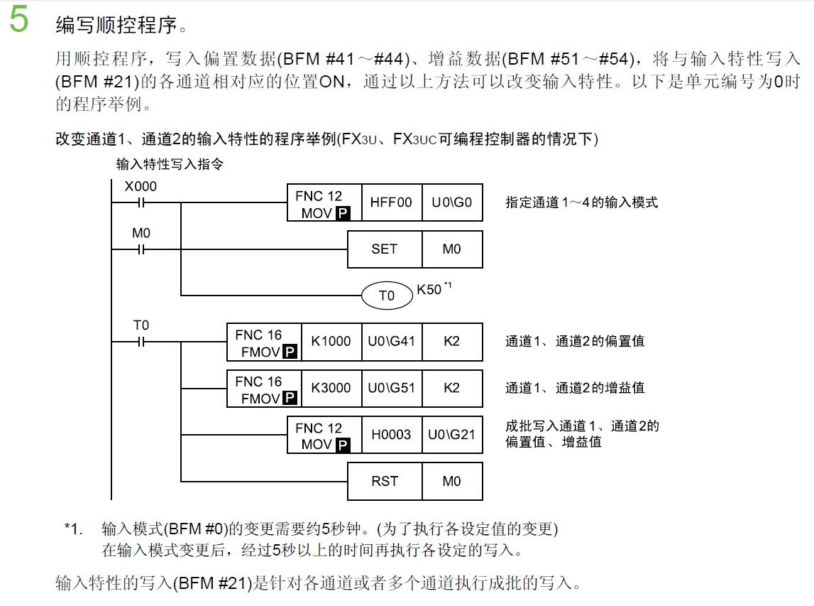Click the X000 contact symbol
pyautogui.click(x=141, y=203)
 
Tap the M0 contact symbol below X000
pyautogui.click(x=141, y=249)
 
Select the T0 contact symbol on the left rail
pyautogui.click(x=141, y=342)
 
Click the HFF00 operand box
pyautogui.click(x=391, y=202)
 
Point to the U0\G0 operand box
pyautogui.click(x=452, y=202)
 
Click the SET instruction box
pyautogui.click(x=384, y=249)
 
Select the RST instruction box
pyautogui.click(x=384, y=482)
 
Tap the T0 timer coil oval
pyautogui.click(x=387, y=296)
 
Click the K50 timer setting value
pyautogui.click(x=429, y=290)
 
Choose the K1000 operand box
pyautogui.click(x=331, y=342)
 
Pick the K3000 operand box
pyautogui.click(x=331, y=388)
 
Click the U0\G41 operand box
pyautogui.click(x=391, y=342)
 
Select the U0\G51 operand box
pyautogui.click(x=391, y=388)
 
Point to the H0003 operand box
pyautogui.click(x=391, y=435)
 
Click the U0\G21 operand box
pyautogui.click(x=452, y=435)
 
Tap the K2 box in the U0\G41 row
pyautogui.click(x=452, y=342)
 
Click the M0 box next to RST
pyautogui.click(x=452, y=482)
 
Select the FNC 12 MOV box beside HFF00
pyautogui.click(x=324, y=203)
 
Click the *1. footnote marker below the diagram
pyautogui.click(x=73, y=529)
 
